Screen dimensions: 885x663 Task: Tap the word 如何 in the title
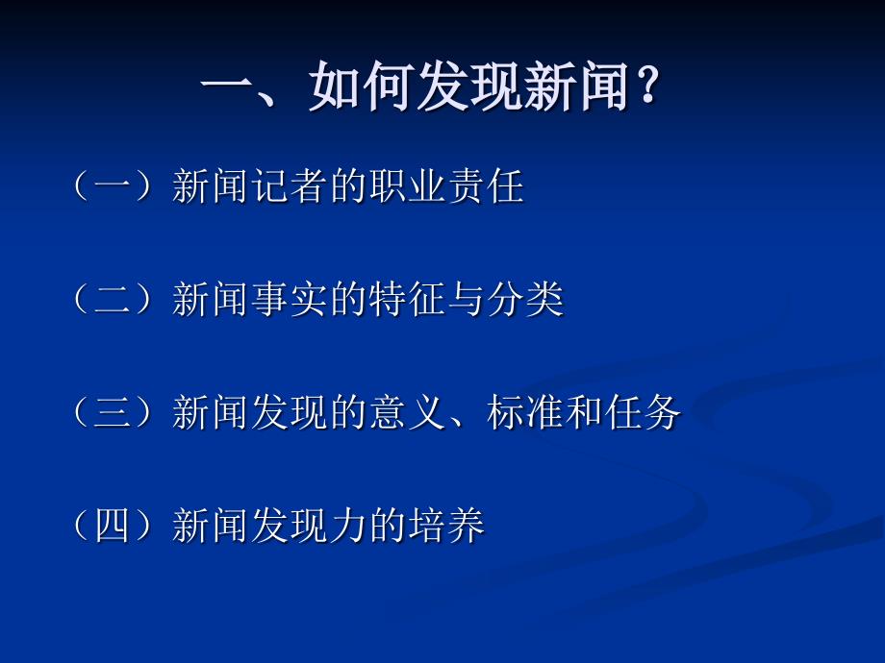click(361, 86)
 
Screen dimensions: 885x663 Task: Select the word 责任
click(486, 186)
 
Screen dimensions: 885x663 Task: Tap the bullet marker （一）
click(113, 186)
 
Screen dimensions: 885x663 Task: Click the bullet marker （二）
click(113, 299)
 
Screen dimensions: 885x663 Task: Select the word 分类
click(526, 299)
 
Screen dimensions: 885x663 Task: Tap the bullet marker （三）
click(113, 412)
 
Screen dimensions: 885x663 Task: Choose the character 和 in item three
click(584, 412)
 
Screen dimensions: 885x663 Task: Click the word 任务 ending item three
click(644, 412)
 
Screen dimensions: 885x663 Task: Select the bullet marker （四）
click(113, 525)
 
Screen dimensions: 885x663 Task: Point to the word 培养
click(447, 525)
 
